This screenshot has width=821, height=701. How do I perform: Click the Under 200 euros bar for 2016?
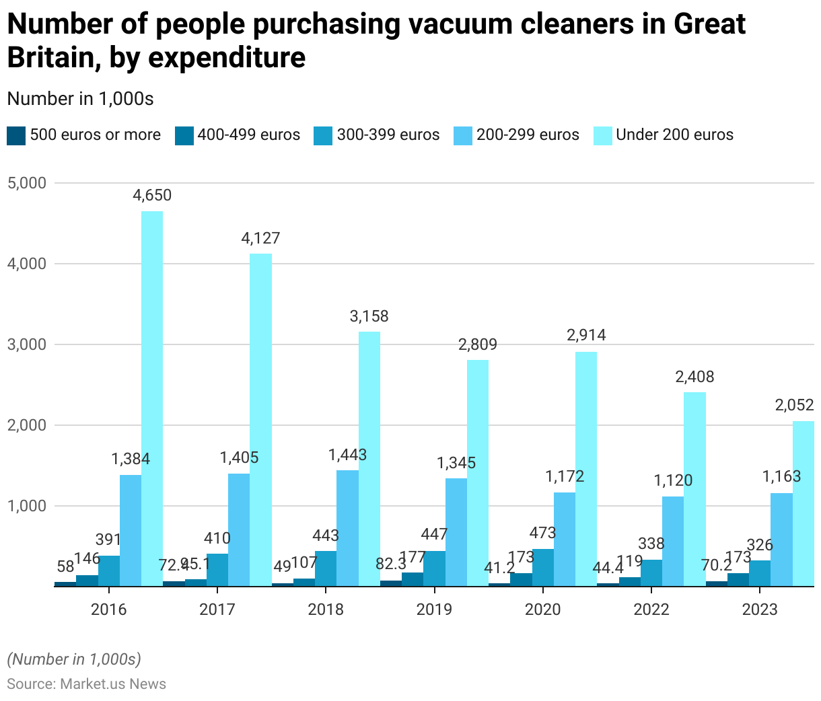[x=152, y=398]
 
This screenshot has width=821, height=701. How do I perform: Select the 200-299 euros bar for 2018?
[x=347, y=528]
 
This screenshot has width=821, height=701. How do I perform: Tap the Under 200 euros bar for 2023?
[x=803, y=503]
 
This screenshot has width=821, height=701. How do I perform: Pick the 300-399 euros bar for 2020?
[x=543, y=567]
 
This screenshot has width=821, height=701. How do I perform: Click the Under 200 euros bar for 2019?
[x=478, y=473]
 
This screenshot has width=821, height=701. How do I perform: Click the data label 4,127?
[x=260, y=238]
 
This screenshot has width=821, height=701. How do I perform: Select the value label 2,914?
[x=586, y=335]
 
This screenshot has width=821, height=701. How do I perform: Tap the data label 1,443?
[x=347, y=455]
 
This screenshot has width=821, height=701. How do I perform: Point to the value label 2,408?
[x=694, y=377]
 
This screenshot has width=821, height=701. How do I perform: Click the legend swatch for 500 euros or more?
[x=16, y=135]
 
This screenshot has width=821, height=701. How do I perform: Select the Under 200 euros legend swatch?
[x=603, y=135]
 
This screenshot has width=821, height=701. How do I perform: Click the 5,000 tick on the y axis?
[x=26, y=183]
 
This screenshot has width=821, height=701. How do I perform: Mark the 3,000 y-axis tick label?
[x=26, y=344]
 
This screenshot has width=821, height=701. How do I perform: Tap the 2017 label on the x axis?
[x=217, y=610]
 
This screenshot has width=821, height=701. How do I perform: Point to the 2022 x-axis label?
[x=651, y=610]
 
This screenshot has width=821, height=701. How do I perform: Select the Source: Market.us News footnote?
[x=86, y=684]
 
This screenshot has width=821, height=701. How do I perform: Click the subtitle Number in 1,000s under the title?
[x=80, y=99]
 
